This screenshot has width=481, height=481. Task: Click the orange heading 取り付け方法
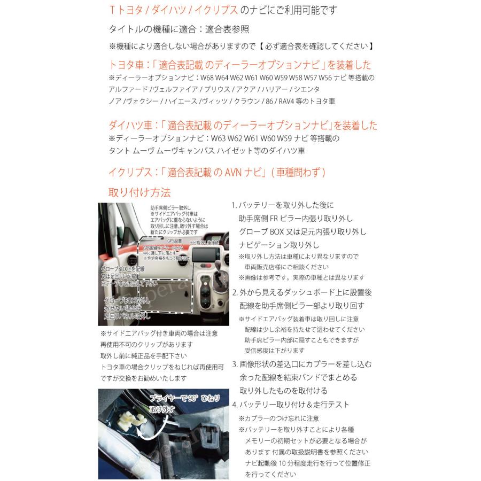point(139,192)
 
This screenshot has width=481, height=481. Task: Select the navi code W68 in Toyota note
point(207,78)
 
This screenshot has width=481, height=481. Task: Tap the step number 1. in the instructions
point(234,205)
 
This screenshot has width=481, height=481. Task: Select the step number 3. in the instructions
point(235,364)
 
